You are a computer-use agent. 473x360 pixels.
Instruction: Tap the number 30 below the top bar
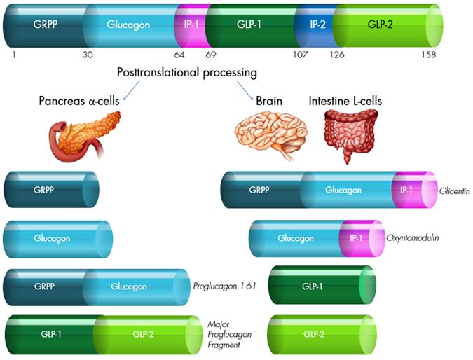(86, 54)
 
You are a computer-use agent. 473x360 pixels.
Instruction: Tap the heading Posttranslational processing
(187, 73)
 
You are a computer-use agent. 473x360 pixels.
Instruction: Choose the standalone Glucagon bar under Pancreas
(53, 238)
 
